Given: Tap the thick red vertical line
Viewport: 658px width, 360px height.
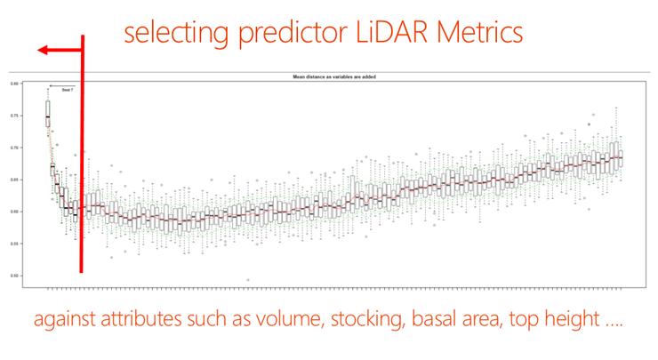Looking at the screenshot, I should (x=82, y=178).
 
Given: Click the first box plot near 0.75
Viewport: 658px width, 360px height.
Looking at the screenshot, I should (x=48, y=116).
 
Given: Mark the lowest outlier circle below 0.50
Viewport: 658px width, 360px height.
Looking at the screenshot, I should (x=247, y=280).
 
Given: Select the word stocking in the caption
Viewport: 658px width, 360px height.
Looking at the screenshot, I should (x=362, y=320).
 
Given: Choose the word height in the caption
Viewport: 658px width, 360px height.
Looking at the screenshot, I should (x=570, y=320).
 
